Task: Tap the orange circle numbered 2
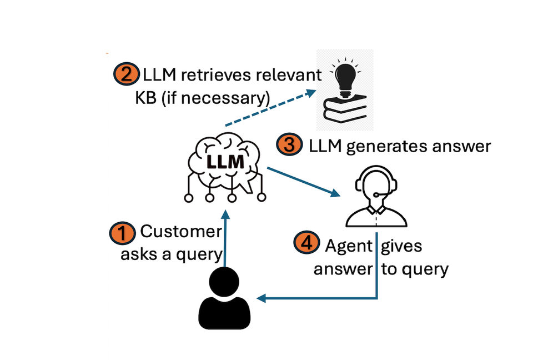(x=126, y=74)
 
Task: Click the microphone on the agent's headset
(x=377, y=194)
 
